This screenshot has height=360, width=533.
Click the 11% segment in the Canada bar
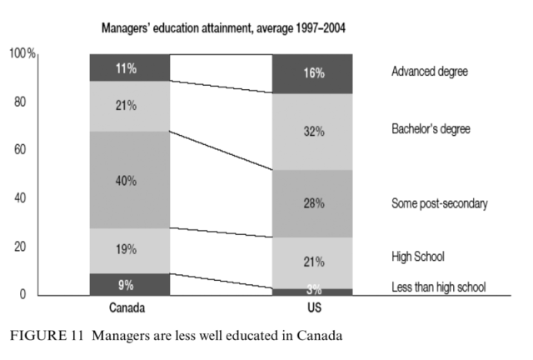(x=127, y=68)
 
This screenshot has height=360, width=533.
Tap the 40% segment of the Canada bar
(x=127, y=180)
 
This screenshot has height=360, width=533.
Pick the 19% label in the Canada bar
(x=127, y=248)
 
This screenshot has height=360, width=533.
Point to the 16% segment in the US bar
(x=314, y=74)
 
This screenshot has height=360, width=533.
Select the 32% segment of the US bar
(x=314, y=132)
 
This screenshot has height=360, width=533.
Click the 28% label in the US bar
(x=314, y=203)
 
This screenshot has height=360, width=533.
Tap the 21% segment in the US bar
(x=314, y=262)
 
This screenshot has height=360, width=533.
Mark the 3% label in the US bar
(x=314, y=290)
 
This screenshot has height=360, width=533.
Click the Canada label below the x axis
(x=127, y=307)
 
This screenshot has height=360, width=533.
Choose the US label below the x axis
(x=314, y=307)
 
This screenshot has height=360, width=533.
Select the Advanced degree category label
(x=429, y=72)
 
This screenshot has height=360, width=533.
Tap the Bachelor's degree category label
(x=431, y=129)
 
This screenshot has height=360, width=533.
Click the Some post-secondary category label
(x=439, y=203)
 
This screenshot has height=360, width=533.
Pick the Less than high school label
(x=438, y=287)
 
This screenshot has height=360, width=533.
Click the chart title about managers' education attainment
(x=223, y=27)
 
